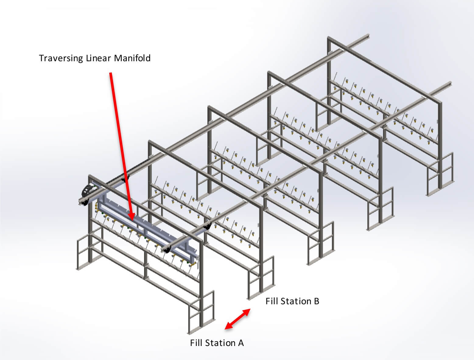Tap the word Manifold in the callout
pyautogui.click(x=132, y=58)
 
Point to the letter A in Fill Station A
pyautogui.click(x=241, y=343)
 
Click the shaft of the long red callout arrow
pyautogui.click(x=120, y=143)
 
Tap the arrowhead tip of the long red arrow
pyautogui.click(x=132, y=219)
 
